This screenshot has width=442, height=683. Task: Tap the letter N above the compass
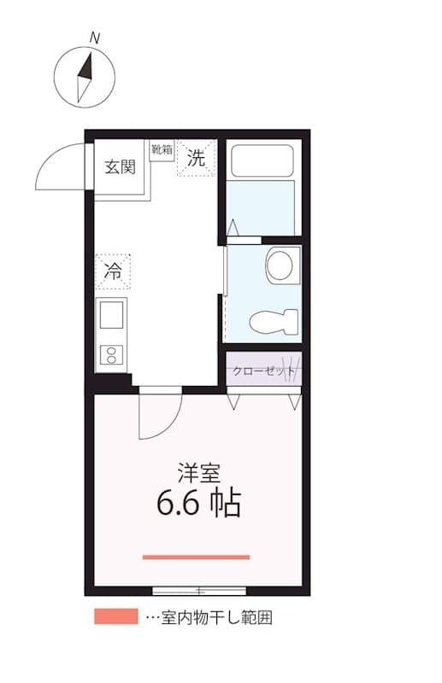[95, 38]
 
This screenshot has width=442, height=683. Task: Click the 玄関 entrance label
[121, 167]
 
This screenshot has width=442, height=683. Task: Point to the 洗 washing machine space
[197, 158]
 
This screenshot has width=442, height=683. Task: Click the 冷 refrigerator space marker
[113, 271]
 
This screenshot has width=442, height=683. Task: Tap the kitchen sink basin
[112, 316]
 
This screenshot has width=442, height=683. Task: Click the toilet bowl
[273, 322]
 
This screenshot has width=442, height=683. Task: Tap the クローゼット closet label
[263, 371]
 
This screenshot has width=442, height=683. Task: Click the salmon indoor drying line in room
[196, 557]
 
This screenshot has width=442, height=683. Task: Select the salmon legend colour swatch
[115, 616]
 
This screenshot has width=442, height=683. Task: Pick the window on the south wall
[198, 590]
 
